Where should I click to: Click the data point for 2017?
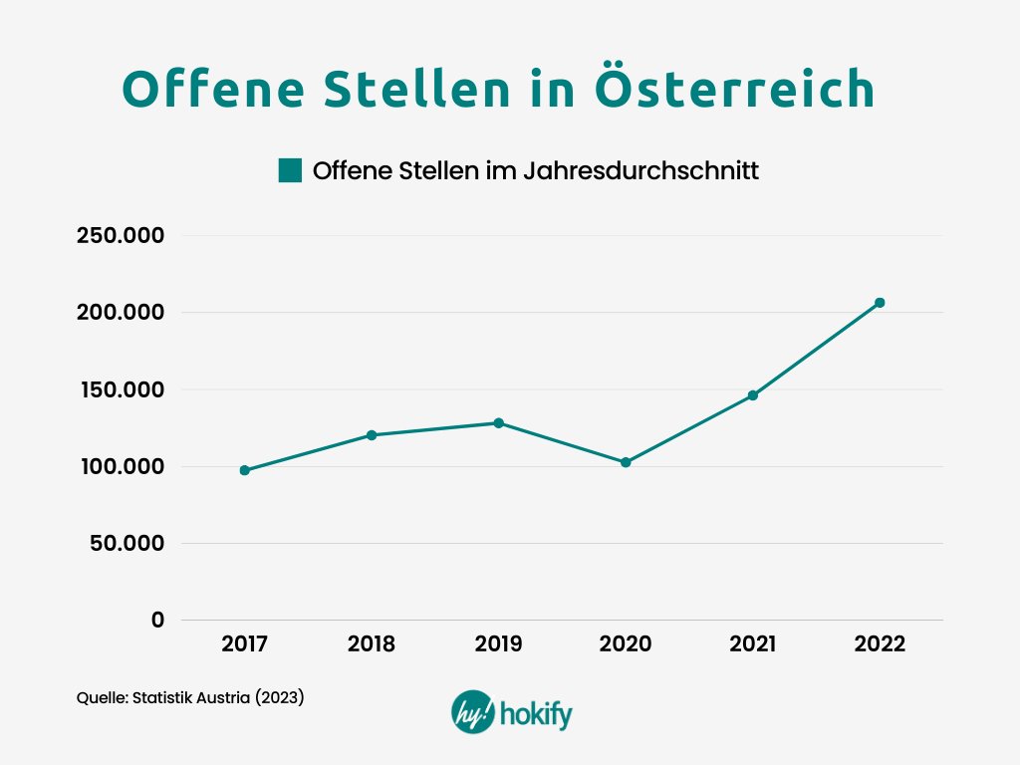pyautogui.click(x=244, y=470)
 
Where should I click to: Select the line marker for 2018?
pyautogui.click(x=372, y=435)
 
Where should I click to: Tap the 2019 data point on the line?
pyautogui.click(x=498, y=422)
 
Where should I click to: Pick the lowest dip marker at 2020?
pyautogui.click(x=626, y=462)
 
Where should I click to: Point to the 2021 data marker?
pyautogui.click(x=753, y=395)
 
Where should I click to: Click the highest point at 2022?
pyautogui.click(x=880, y=303)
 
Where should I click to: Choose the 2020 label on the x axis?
pyautogui.click(x=626, y=644)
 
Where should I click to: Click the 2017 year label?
pyautogui.click(x=244, y=644)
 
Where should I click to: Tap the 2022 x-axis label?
pyautogui.click(x=880, y=644)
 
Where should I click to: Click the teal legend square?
pyautogui.click(x=290, y=170)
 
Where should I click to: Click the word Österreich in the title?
pyautogui.click(x=735, y=90)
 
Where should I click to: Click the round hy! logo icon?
pyautogui.click(x=470, y=712)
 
